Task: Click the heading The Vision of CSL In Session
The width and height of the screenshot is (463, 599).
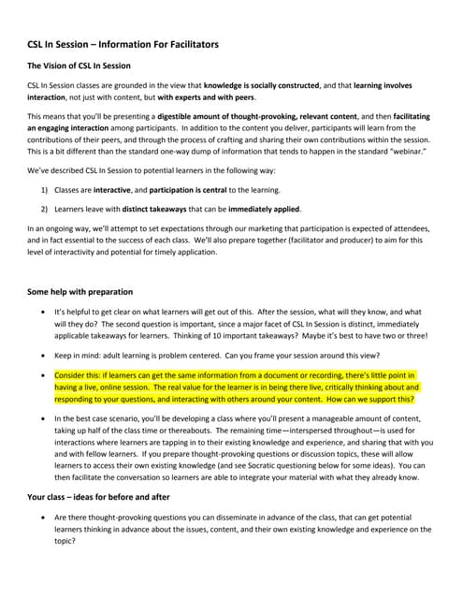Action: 79,66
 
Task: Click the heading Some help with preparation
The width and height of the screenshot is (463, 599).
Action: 80,291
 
